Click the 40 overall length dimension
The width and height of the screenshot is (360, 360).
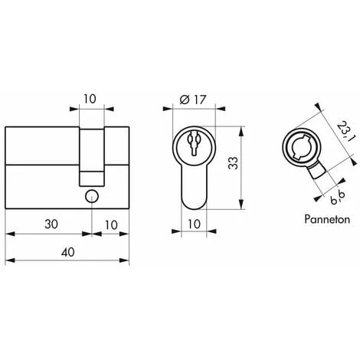tap(68, 252)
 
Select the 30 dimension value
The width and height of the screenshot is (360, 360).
tap(51, 224)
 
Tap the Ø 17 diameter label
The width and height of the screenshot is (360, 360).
tap(192, 100)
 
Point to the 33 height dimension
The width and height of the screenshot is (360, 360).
tap(234, 163)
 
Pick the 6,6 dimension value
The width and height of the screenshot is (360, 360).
tap(338, 197)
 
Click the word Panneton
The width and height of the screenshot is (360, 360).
tap(327, 219)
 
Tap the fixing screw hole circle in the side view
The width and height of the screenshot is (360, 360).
tap(92, 196)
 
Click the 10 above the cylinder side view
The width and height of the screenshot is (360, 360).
tap(90, 99)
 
